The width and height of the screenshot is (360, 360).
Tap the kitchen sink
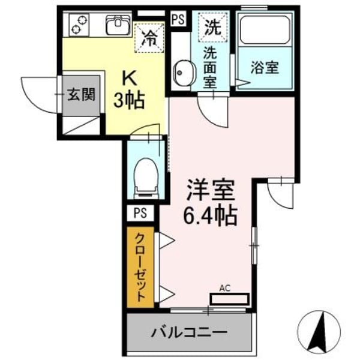click(x=118, y=25)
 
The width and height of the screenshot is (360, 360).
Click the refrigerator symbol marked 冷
click(x=148, y=38)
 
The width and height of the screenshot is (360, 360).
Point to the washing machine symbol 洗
click(x=212, y=26)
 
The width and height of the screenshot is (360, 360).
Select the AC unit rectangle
click(x=229, y=299)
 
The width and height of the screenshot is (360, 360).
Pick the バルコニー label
click(x=188, y=331)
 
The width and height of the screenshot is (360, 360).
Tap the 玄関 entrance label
click(x=79, y=94)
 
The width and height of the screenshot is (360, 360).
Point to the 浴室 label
click(x=264, y=68)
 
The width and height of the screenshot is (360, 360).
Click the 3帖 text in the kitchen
click(x=130, y=101)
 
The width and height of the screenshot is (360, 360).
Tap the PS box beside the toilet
click(x=140, y=212)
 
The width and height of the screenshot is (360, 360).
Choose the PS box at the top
click(x=178, y=19)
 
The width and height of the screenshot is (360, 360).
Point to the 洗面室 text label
click(x=211, y=67)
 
